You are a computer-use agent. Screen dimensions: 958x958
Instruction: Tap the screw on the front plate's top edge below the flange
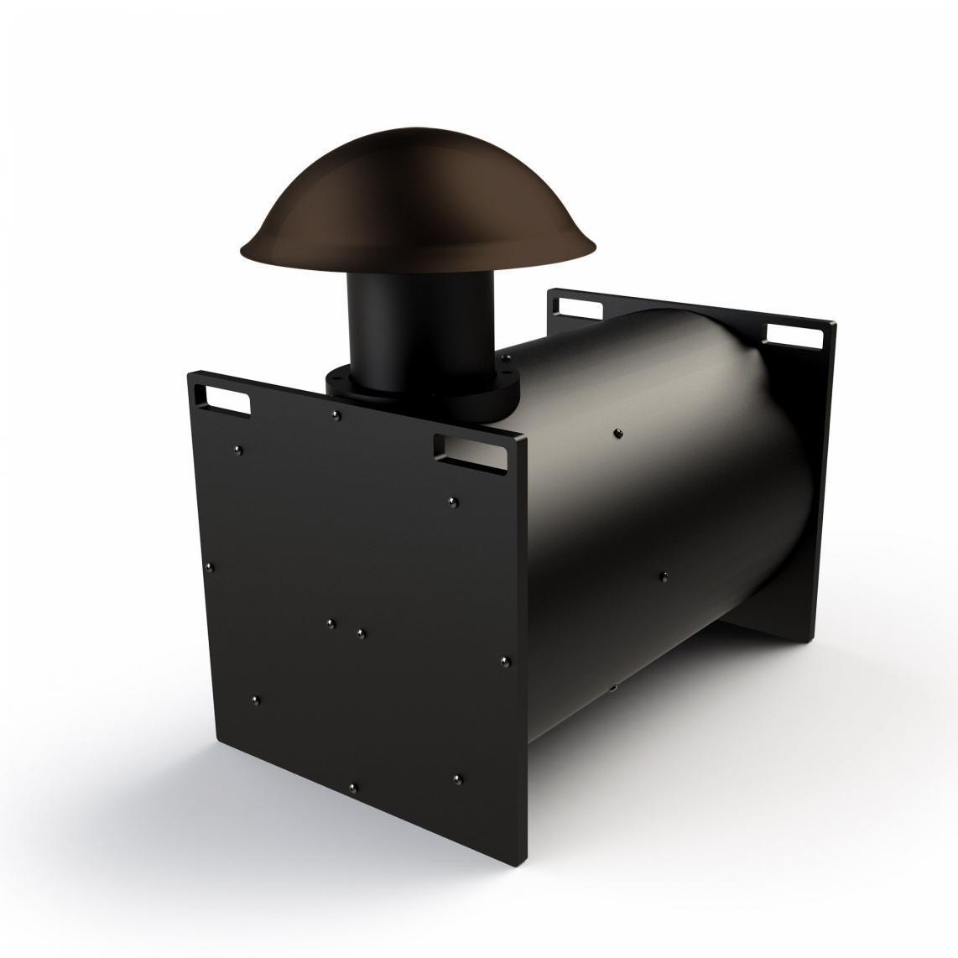click(336, 414)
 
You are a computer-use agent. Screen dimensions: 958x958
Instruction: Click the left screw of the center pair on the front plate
click(331, 623)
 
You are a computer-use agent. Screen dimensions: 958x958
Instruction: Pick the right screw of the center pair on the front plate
click(360, 633)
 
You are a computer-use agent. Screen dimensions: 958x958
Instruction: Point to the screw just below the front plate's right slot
click(454, 502)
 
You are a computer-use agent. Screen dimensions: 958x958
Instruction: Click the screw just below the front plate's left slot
click(239, 450)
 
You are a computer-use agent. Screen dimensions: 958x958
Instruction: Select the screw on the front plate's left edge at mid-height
click(210, 566)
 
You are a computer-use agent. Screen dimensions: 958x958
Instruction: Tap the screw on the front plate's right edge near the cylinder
click(505, 661)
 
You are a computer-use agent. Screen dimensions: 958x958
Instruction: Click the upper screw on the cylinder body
click(618, 433)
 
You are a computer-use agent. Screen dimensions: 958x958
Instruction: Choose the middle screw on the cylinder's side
click(664, 575)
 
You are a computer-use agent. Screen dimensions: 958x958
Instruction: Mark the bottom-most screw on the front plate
click(352, 787)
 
